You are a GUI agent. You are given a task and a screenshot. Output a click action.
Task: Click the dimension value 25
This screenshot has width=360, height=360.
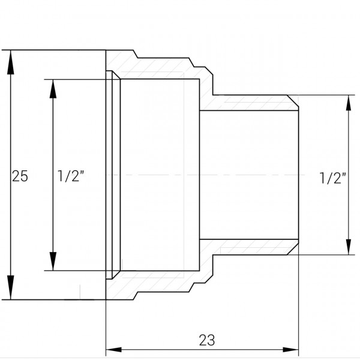click(20, 176)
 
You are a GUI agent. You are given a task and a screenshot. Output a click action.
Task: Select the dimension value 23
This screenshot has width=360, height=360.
click(206, 340)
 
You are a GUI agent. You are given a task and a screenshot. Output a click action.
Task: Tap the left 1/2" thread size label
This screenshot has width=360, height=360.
click(71, 176)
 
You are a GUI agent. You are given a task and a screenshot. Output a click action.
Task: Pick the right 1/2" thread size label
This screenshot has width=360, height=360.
click(333, 178)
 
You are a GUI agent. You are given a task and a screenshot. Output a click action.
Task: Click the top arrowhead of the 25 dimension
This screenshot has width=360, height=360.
click(10, 61)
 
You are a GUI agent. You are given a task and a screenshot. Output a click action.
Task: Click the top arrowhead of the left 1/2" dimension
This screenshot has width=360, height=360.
click(53, 89)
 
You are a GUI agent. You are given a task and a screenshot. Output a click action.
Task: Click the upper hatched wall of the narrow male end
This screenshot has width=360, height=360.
click(252, 103)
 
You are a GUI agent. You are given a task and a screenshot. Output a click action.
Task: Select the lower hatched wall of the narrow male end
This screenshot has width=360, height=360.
click(252, 248)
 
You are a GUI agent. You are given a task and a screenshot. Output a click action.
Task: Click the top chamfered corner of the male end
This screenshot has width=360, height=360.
click(293, 100)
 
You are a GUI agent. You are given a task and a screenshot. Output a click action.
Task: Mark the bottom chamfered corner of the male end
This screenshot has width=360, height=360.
click(293, 251)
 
